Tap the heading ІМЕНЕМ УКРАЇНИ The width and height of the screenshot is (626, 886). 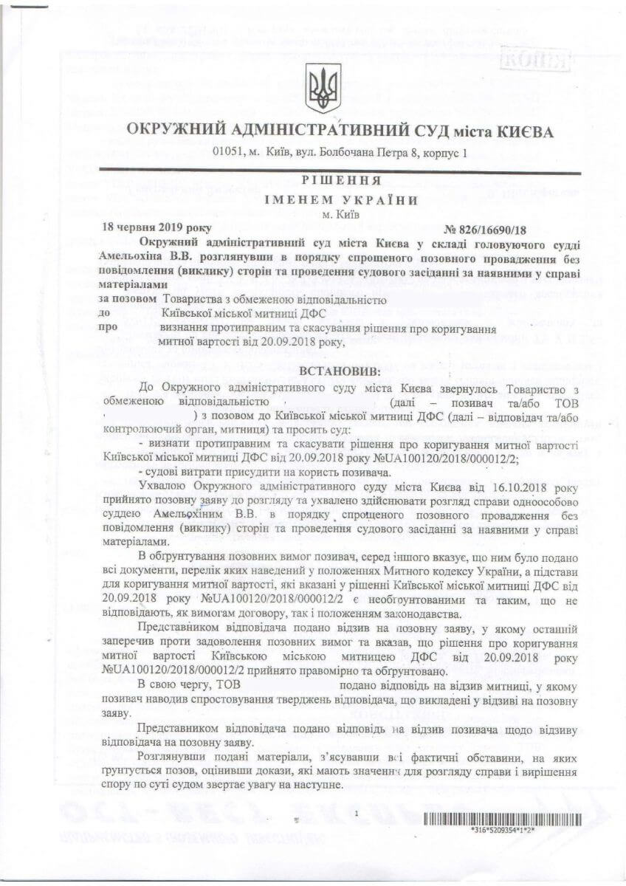pos(341,199)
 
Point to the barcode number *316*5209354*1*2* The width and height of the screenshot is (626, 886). pos(502,831)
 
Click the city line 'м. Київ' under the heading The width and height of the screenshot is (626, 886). pos(341,215)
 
